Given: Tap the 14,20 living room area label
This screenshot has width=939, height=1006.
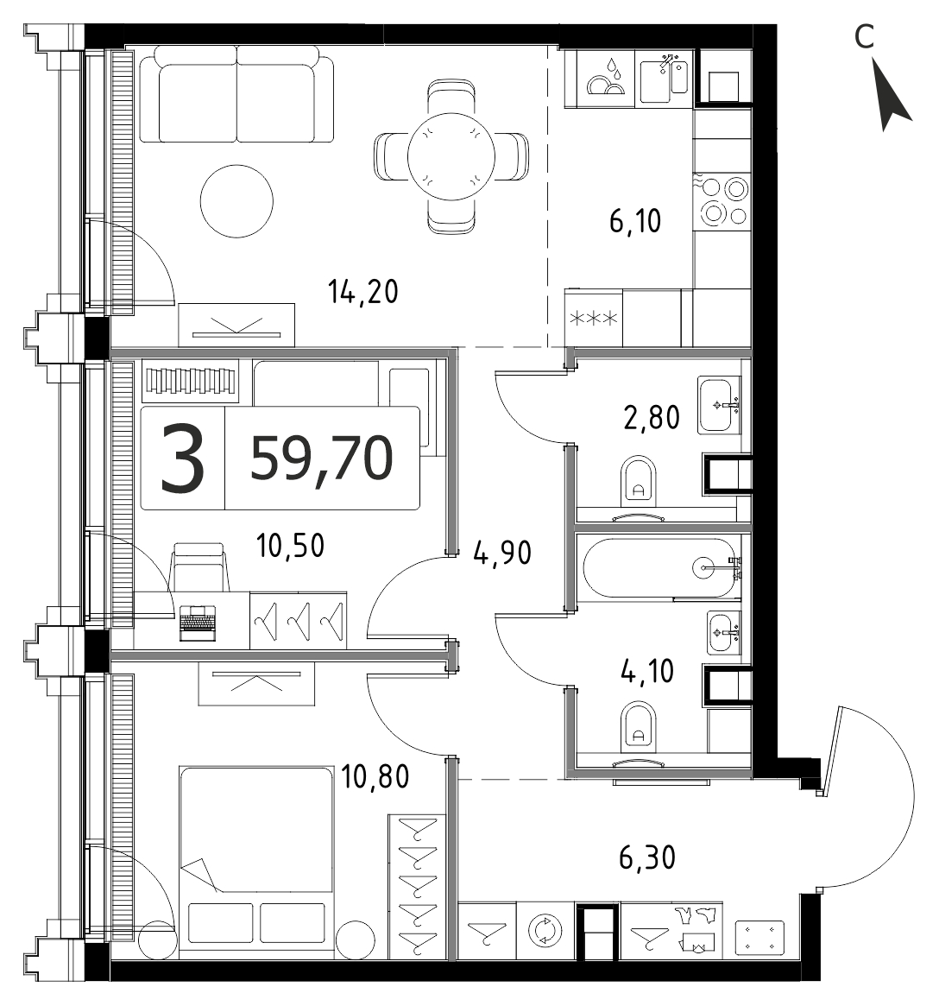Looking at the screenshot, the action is click(363, 292).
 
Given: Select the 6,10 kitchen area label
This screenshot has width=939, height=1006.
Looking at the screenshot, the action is click(635, 221).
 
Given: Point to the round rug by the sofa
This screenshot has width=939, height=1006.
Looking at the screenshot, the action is click(236, 201).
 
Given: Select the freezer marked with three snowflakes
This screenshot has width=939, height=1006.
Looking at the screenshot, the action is click(594, 319).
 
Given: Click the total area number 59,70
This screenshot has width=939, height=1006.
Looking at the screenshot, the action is click(321, 458).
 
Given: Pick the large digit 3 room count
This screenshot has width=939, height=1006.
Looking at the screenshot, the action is click(183, 459).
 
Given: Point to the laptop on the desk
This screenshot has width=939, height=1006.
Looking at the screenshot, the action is click(199, 623).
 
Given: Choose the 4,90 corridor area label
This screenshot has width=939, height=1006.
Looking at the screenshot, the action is click(502, 553).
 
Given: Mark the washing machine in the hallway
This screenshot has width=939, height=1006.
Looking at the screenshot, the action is click(544, 930).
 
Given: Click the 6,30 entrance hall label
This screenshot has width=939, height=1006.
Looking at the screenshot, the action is click(647, 857).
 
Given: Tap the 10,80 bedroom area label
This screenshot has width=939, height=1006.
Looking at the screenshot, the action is click(375, 776).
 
